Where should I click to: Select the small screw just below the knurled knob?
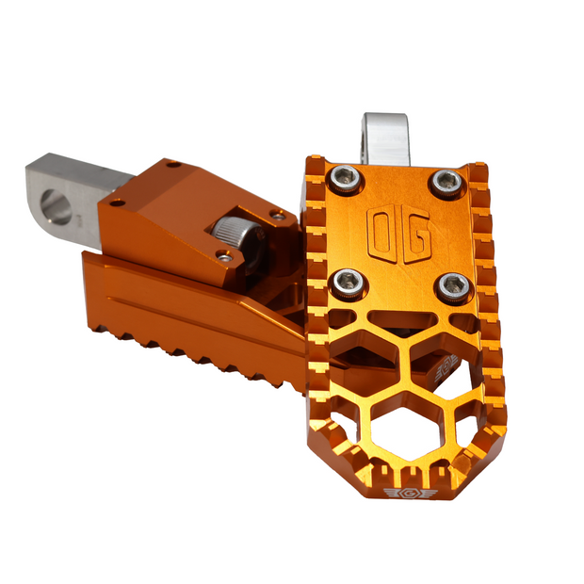point(223,255)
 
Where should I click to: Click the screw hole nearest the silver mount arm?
point(116,203)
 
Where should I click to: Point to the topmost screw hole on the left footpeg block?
point(172,165)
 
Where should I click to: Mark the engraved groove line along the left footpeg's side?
point(188,311)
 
